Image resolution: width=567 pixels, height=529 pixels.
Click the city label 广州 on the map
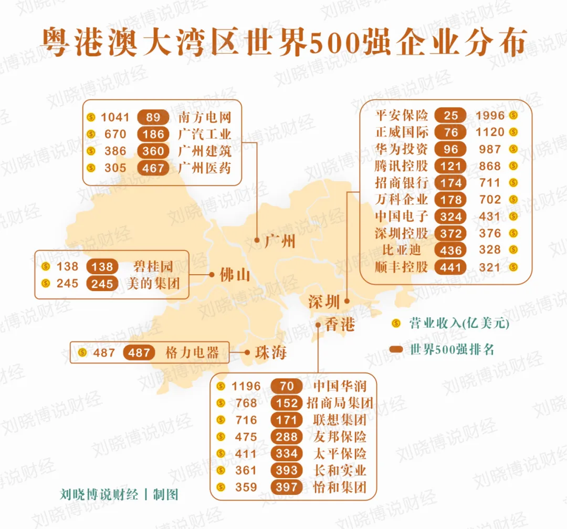280,242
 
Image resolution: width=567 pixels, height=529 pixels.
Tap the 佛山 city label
235,275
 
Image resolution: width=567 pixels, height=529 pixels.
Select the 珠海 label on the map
271,352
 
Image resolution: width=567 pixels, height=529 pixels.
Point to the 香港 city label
340,325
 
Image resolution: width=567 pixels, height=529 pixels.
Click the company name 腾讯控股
402,166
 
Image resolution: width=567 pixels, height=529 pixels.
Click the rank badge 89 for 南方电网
154,117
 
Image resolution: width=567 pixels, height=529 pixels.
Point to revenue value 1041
114,117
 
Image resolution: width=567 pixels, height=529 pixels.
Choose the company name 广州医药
205,168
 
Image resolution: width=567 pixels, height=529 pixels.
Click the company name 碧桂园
153,266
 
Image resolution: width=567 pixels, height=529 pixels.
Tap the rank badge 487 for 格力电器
139,352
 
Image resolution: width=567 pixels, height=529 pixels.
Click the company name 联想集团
340,420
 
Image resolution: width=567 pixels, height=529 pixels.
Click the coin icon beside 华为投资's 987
513,149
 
